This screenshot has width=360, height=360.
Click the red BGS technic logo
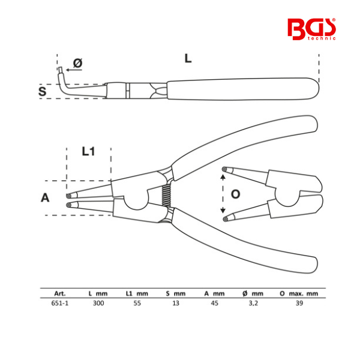[x=311, y=29]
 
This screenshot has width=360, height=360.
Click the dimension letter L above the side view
[x=188, y=59]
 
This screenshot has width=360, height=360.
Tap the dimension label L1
[x=88, y=151]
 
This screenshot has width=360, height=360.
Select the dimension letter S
[x=42, y=91]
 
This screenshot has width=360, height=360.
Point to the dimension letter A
[x=45, y=197]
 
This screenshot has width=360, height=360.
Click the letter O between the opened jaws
[x=235, y=194]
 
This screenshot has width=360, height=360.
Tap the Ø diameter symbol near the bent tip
[x=77, y=63]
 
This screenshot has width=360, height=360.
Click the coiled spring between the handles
[x=166, y=195]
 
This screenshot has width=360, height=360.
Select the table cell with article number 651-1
[x=59, y=303]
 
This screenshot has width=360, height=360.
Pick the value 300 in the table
[x=98, y=303]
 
